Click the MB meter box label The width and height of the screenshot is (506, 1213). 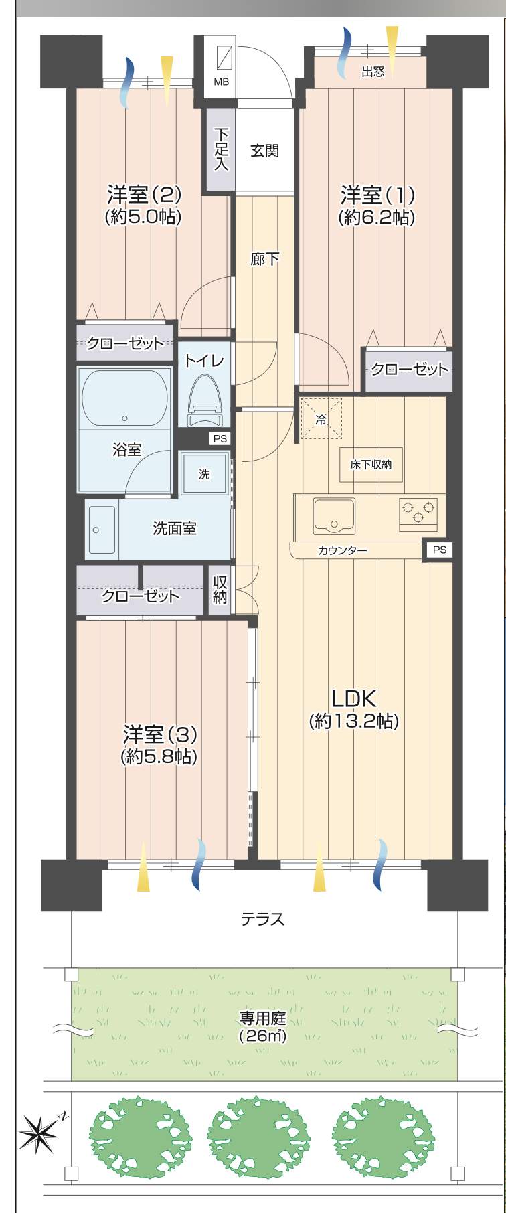221,82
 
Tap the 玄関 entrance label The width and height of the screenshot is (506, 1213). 265,151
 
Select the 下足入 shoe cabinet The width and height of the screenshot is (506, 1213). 220,149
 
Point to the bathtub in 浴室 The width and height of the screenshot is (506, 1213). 124,398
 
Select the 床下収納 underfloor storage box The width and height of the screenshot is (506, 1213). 371,465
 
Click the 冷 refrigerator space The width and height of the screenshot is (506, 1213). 321,419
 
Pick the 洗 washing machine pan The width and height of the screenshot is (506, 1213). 205,473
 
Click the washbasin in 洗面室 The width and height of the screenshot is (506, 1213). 102,530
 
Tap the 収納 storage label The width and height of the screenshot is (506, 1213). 220,590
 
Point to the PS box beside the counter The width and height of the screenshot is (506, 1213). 438,550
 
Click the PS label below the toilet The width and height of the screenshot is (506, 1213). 220,439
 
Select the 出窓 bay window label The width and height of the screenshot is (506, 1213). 373,72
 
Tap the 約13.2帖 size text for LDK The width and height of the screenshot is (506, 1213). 354,722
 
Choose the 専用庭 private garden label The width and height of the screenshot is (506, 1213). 263,1018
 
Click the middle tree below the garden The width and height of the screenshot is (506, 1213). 258,1136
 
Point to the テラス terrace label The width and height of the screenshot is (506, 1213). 263,919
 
